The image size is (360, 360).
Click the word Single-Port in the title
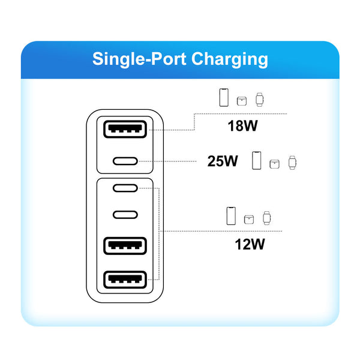coord(139,59)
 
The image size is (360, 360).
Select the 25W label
coord(223,161)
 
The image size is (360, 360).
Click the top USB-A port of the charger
coord(125,129)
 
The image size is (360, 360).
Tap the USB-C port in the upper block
coord(125,161)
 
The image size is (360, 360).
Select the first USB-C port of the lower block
coord(125,188)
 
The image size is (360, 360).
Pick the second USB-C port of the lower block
coord(125,215)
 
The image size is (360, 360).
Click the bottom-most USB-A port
coord(125,279)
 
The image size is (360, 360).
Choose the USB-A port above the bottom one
coord(125,245)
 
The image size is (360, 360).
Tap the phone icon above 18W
coord(223,98)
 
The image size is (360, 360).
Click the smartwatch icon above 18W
coord(260,99)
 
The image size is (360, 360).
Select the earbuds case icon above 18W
coord(242,101)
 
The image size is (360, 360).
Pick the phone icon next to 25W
coord(257,160)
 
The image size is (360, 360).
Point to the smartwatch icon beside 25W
coord(292,161)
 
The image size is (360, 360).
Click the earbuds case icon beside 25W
coord(275,163)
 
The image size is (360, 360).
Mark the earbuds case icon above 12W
coord(249,219)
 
